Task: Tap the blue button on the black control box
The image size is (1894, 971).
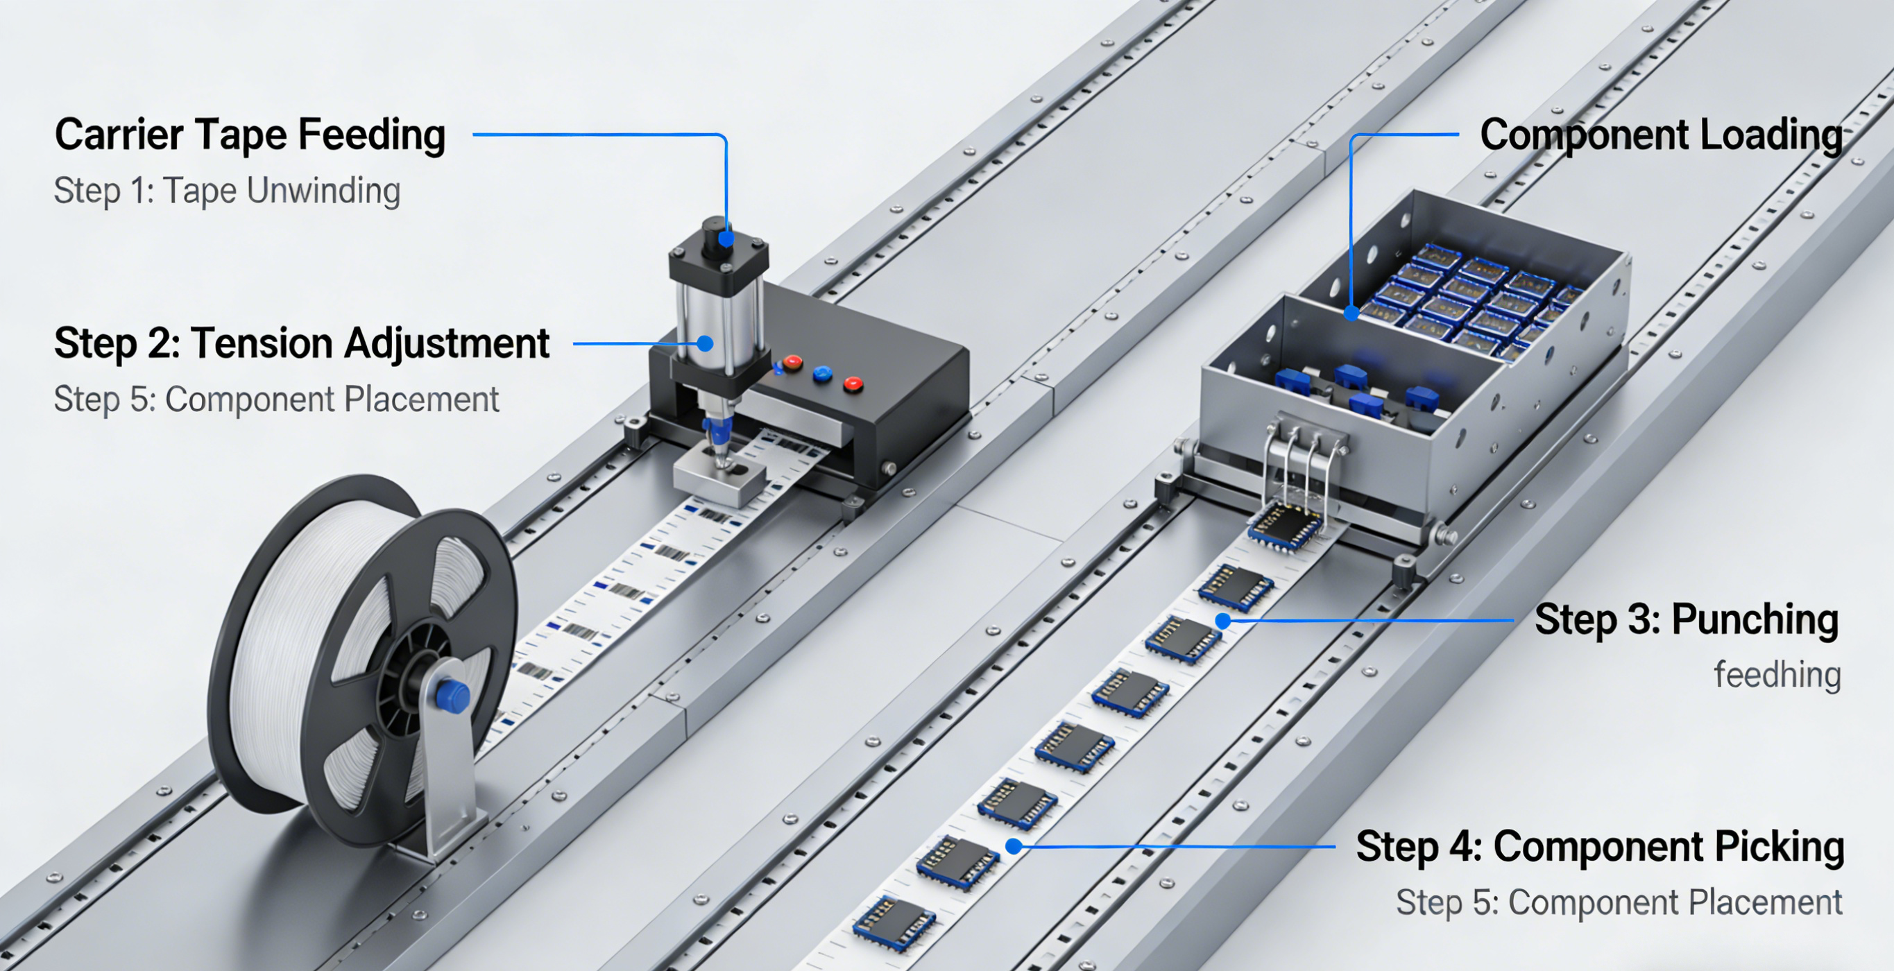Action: [x=822, y=374]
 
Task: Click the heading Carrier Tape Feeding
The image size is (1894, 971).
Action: [x=250, y=135]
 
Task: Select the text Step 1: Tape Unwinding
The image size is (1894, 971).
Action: [x=226, y=190]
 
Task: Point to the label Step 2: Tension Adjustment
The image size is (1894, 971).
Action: [x=302, y=343]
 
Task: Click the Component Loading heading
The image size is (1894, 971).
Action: [x=1661, y=135]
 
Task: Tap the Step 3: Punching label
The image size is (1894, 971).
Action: [x=1686, y=619]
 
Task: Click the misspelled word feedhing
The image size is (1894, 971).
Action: [x=1777, y=675]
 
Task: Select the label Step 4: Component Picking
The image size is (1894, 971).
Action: [x=1600, y=847]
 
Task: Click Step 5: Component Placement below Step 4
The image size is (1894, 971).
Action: [x=1619, y=902]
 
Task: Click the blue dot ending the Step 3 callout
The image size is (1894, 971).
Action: [x=1222, y=621]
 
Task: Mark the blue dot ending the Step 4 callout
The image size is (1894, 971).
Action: [x=1014, y=847]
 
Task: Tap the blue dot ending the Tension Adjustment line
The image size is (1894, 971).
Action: [x=705, y=343]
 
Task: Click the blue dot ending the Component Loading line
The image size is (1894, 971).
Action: [x=1351, y=313]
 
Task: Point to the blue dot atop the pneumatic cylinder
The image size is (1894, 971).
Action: [x=726, y=239]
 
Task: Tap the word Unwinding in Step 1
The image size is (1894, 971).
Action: [x=323, y=190]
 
